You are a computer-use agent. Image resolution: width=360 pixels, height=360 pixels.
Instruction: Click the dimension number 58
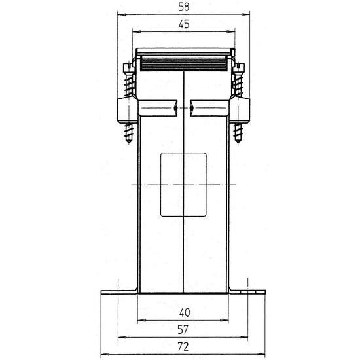click(183, 7)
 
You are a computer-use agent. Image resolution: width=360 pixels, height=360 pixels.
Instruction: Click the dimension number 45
click(184, 24)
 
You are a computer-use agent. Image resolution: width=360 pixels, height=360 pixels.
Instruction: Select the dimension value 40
click(185, 312)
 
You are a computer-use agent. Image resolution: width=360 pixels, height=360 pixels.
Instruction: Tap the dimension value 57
click(183, 329)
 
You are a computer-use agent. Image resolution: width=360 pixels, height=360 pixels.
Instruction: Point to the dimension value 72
click(183, 346)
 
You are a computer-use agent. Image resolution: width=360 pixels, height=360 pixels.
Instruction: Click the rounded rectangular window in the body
click(183, 185)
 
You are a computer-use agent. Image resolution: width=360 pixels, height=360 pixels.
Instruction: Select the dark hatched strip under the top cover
click(183, 64)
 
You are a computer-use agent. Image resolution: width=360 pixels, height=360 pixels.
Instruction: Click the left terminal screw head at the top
click(128, 68)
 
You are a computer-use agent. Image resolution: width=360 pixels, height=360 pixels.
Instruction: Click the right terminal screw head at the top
click(238, 68)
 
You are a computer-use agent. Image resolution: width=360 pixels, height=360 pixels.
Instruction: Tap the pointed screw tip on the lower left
click(128, 141)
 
